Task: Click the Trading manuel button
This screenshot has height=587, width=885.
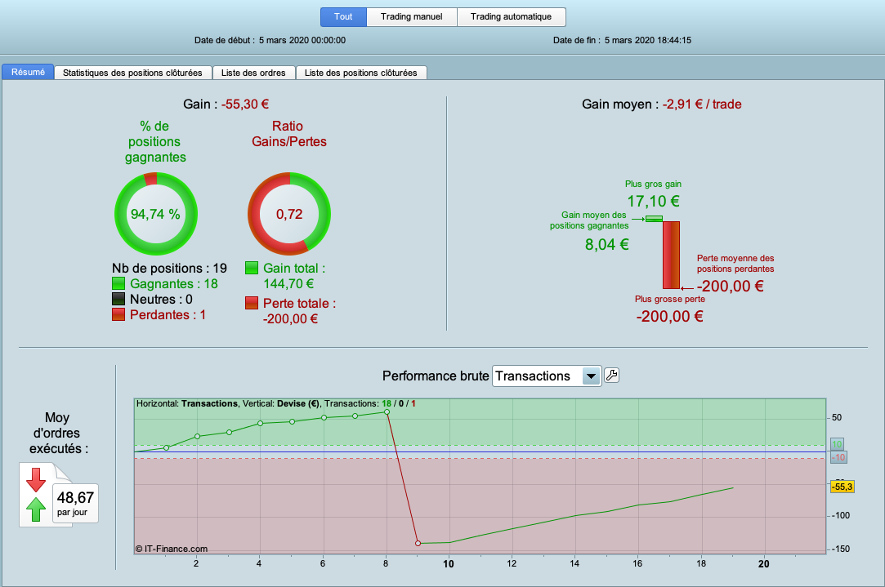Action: point(412,16)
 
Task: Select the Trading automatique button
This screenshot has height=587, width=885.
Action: point(511,16)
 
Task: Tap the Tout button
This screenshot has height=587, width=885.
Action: point(343,16)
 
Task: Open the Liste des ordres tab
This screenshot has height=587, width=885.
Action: point(253,73)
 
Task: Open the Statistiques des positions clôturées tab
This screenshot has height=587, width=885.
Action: point(132,73)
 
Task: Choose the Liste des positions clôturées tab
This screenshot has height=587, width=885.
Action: point(360,73)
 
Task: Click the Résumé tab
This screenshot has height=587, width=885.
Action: point(28,72)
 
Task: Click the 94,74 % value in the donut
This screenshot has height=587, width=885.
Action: point(155,214)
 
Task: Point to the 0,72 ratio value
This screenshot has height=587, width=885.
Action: point(289,214)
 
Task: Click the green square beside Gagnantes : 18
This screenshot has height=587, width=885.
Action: point(119,283)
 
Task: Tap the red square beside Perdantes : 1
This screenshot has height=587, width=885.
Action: point(119,314)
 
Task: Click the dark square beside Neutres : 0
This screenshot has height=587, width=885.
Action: point(119,299)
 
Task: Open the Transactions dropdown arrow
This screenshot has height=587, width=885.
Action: point(591,376)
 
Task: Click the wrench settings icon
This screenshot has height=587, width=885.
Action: point(611,376)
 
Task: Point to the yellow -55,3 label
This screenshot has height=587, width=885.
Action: point(843,487)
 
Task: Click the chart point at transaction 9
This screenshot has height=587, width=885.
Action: point(418,543)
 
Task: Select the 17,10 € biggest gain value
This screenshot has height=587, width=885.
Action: point(653,201)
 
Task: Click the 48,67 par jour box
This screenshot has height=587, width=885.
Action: point(75,503)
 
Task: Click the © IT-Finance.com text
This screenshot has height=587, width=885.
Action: point(172,549)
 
